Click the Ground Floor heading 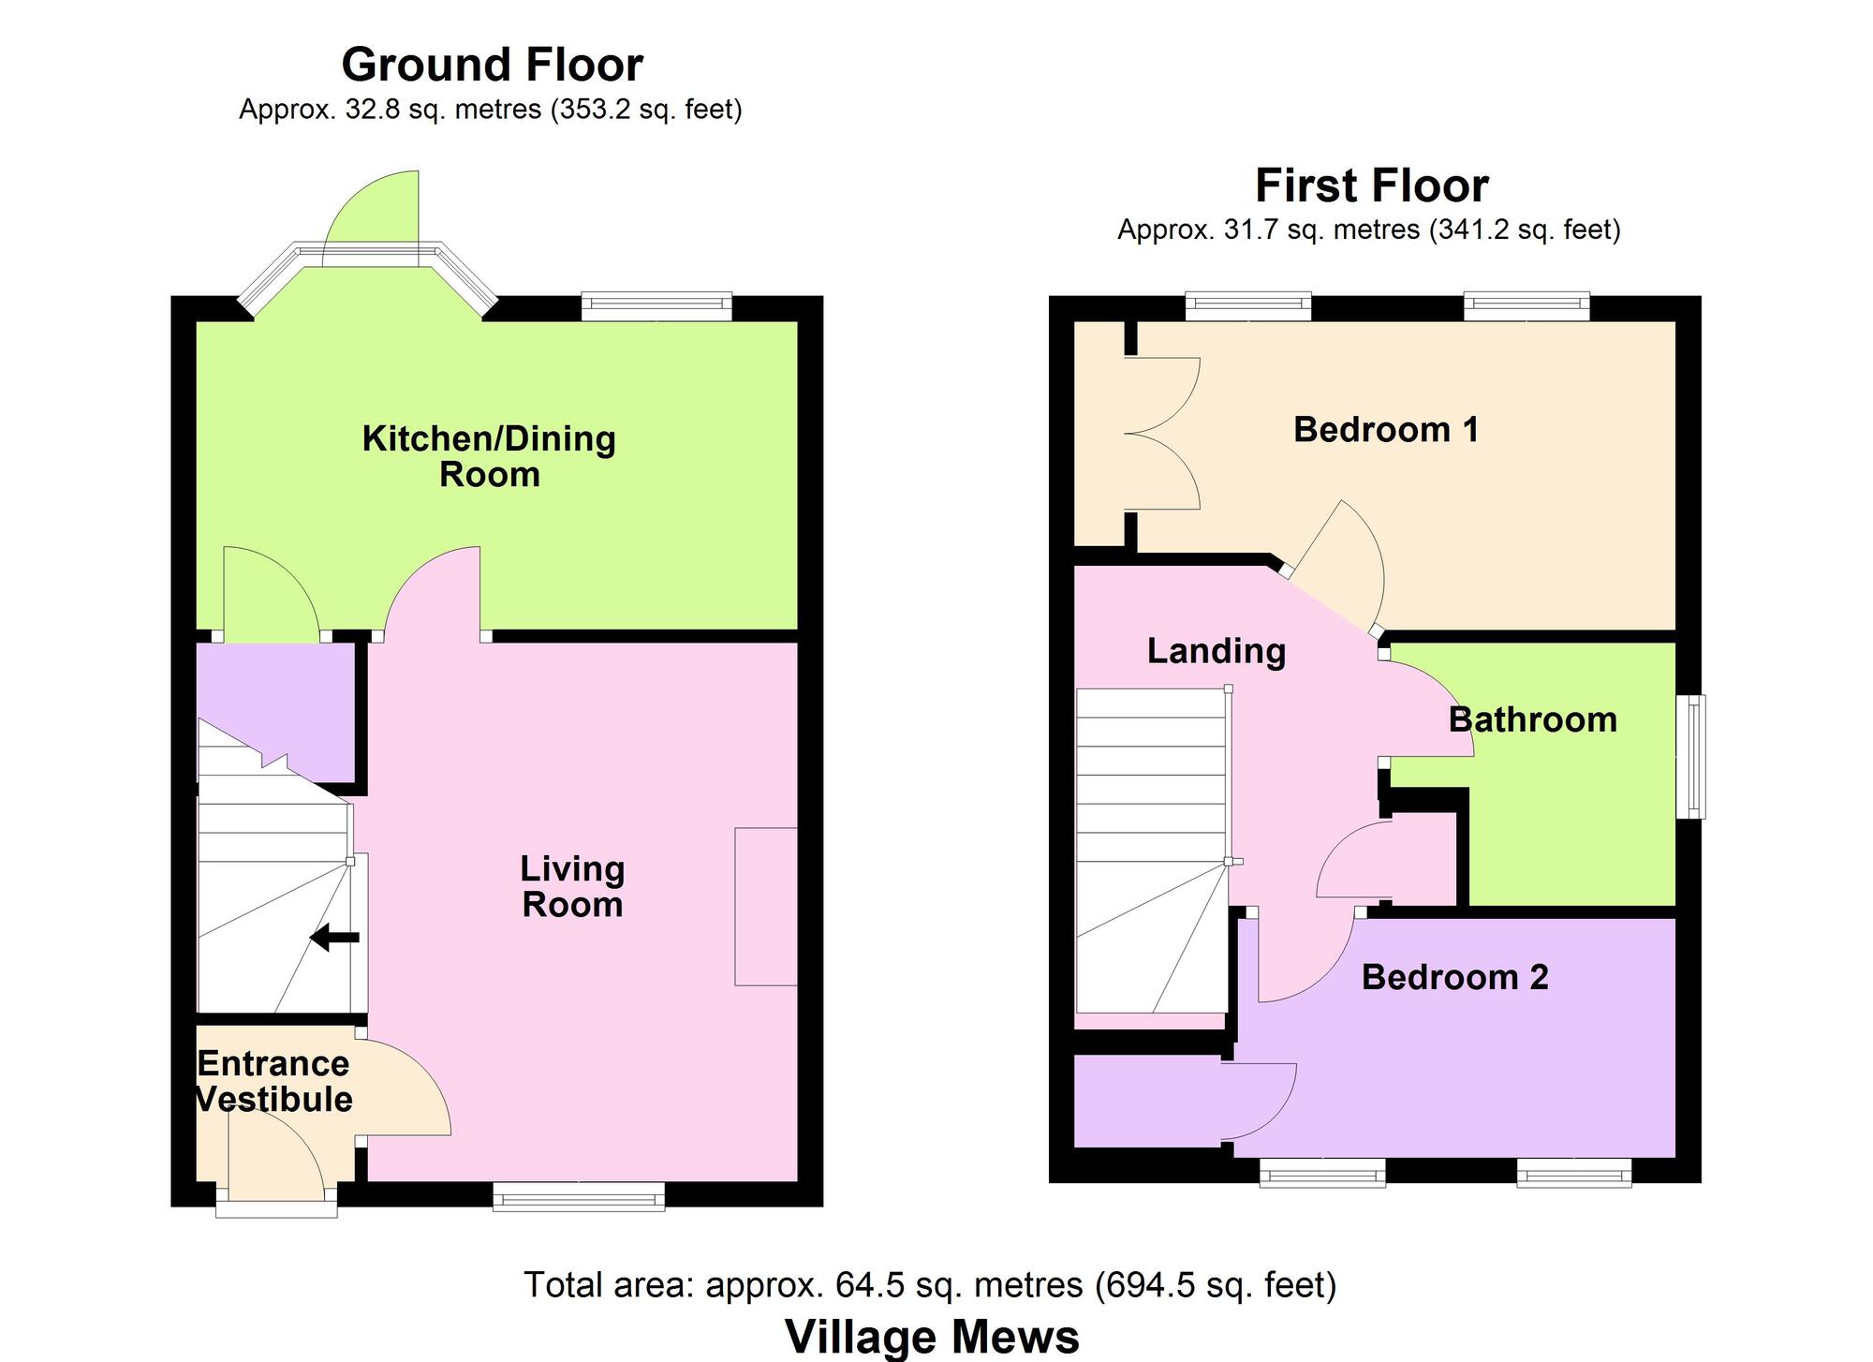pyautogui.click(x=492, y=66)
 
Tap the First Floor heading pyautogui.click(x=1371, y=185)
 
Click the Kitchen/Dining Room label pyautogui.click(x=489, y=456)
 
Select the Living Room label pyautogui.click(x=572, y=886)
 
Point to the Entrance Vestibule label pyautogui.click(x=273, y=1081)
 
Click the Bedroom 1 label pyautogui.click(x=1386, y=429)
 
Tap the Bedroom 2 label pyautogui.click(x=1454, y=977)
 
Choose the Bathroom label pyautogui.click(x=1533, y=719)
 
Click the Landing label pyautogui.click(x=1217, y=651)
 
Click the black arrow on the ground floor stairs pyautogui.click(x=334, y=937)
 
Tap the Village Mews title pyautogui.click(x=932, y=1337)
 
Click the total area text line pyautogui.click(x=930, y=1284)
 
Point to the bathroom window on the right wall pyautogui.click(x=1690, y=756)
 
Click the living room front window pyautogui.click(x=579, y=1196)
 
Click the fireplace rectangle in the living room pyautogui.click(x=766, y=906)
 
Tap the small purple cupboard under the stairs pyautogui.click(x=275, y=712)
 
